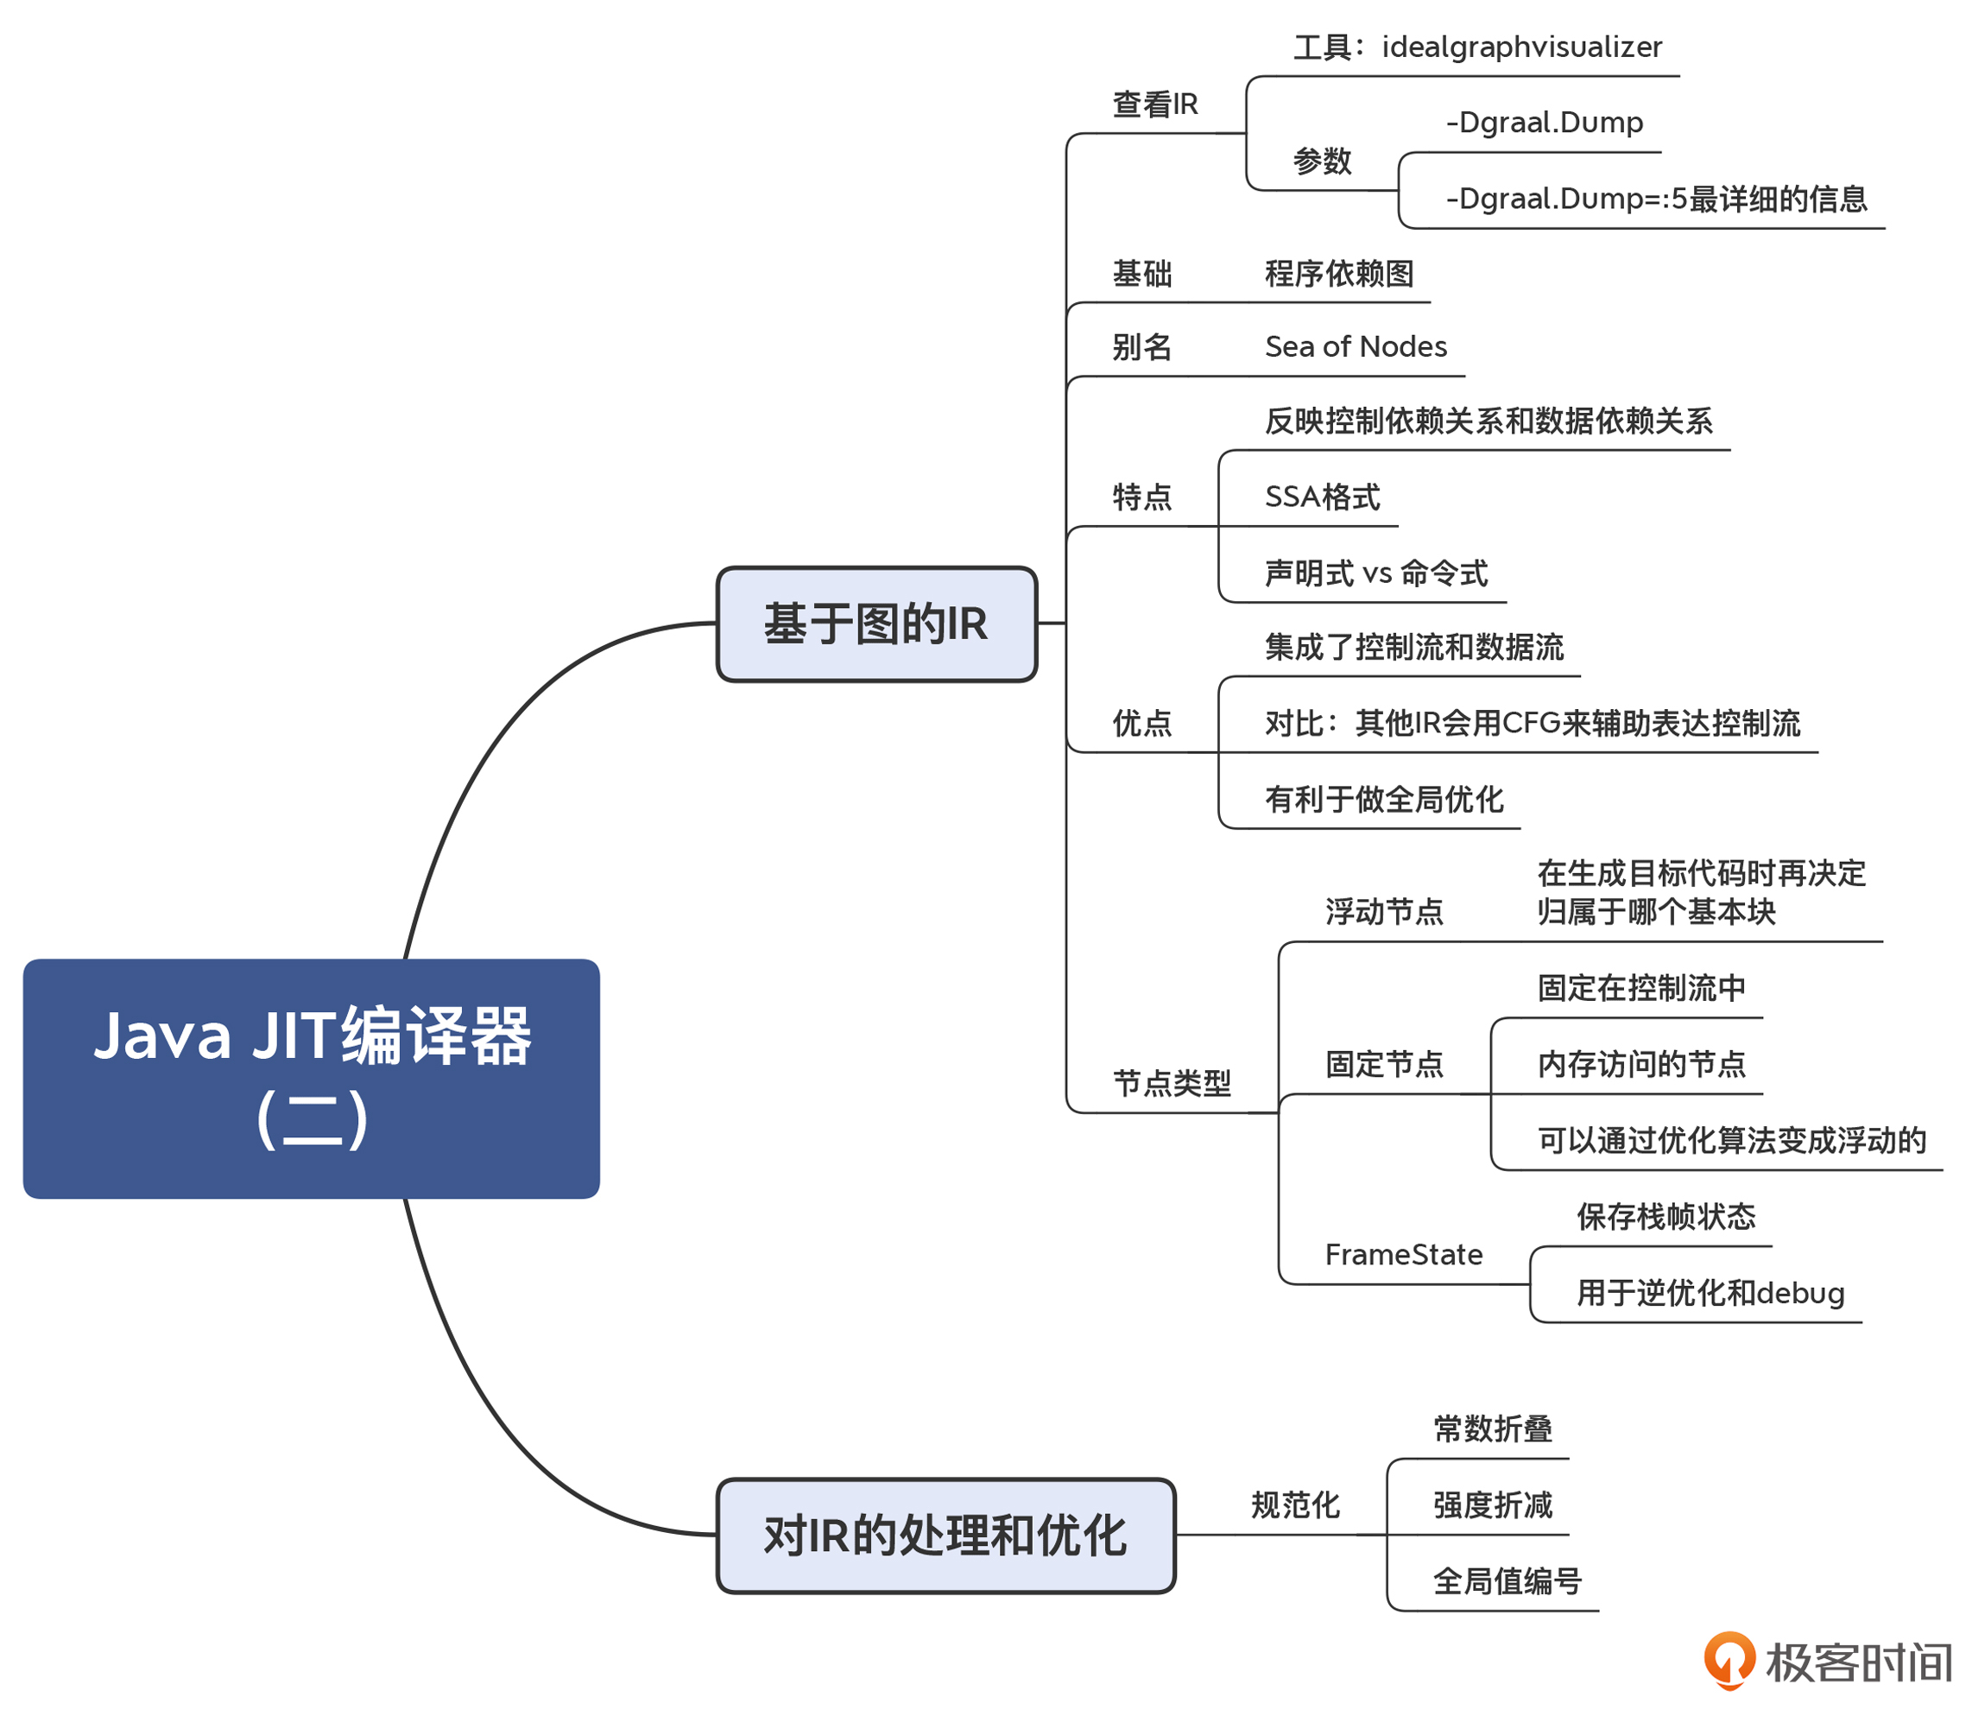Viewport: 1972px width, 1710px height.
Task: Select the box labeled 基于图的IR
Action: point(875,624)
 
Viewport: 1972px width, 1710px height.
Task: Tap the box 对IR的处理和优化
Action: point(945,1536)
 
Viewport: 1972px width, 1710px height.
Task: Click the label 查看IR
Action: point(1154,104)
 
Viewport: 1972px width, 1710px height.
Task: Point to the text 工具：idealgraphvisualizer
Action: point(1477,47)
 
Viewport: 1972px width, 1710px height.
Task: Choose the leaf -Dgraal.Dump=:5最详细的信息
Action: point(1655,199)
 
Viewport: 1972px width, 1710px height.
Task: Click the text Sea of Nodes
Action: point(1355,346)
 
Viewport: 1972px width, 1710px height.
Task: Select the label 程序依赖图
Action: point(1338,274)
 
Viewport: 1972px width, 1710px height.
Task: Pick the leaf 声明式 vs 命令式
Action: point(1375,573)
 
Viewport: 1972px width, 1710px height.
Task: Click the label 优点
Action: point(1141,724)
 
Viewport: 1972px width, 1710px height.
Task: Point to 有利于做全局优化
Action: point(1383,799)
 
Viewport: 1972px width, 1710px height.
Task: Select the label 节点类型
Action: point(1172,1083)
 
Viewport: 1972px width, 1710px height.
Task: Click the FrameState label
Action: point(1403,1254)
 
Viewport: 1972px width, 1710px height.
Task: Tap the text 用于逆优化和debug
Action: point(1710,1292)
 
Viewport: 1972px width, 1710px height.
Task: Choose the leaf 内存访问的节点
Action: point(1641,1063)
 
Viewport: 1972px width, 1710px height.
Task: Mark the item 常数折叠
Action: point(1492,1428)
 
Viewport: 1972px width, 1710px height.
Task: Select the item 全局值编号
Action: point(1507,1581)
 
